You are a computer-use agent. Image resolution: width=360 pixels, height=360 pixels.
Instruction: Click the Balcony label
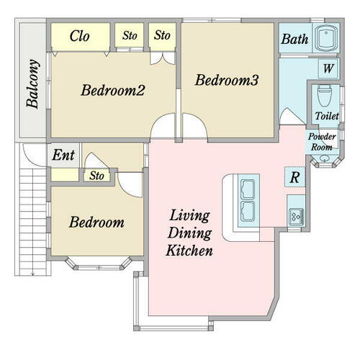pyautogui.click(x=32, y=84)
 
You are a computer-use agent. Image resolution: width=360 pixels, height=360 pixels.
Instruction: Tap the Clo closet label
pyautogui.click(x=80, y=36)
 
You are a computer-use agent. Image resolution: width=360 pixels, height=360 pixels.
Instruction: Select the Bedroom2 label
pyautogui.click(x=113, y=90)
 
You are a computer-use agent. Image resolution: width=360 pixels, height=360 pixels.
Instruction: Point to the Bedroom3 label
pyautogui.click(x=227, y=80)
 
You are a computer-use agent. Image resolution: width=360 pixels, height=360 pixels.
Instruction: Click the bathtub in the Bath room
pyautogui.click(x=326, y=38)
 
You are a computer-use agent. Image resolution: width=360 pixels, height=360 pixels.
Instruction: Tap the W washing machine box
pyautogui.click(x=328, y=68)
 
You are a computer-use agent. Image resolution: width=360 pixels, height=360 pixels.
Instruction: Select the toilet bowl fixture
pyautogui.click(x=325, y=96)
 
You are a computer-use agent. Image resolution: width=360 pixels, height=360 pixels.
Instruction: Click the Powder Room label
pyautogui.click(x=322, y=142)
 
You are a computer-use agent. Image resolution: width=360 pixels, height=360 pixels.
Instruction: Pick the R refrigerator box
pyautogui.click(x=294, y=177)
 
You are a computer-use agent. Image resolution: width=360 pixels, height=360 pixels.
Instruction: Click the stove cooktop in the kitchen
pyautogui.click(x=297, y=217)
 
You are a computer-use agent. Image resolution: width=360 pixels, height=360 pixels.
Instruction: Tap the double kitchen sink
pyautogui.click(x=248, y=200)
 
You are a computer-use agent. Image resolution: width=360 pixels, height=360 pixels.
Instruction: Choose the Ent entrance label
pyautogui.click(x=63, y=155)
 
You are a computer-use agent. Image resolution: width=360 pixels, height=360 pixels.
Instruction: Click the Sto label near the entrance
pyautogui.click(x=96, y=176)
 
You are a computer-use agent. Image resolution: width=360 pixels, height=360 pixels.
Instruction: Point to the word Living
pyautogui.click(x=189, y=215)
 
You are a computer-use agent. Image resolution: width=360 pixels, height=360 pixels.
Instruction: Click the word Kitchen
pyautogui.click(x=189, y=250)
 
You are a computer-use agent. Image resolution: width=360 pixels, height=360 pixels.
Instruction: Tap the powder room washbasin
pyautogui.click(x=325, y=158)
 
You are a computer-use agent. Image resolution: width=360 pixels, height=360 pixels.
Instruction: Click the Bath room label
pyautogui.click(x=294, y=39)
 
